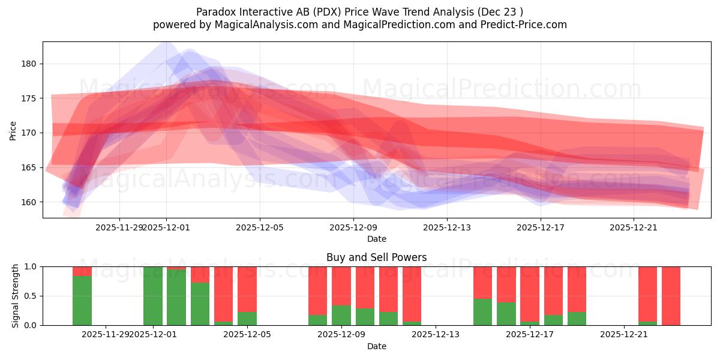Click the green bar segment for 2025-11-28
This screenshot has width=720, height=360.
[x=82, y=300]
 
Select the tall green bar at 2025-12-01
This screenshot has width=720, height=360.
[x=153, y=296]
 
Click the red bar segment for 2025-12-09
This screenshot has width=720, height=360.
[x=341, y=286]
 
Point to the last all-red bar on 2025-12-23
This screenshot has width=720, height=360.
[x=671, y=296]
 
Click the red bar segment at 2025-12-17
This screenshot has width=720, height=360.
[x=530, y=294]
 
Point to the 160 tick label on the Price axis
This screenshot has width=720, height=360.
[x=29, y=202]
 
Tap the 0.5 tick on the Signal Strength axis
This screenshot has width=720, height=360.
[x=29, y=296]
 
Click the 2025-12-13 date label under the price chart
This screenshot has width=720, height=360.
[x=447, y=227]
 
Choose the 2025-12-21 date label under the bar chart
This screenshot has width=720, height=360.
[x=624, y=334]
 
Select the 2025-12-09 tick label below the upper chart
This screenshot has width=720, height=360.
[x=353, y=227]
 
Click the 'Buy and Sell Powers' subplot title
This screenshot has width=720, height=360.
[x=376, y=257]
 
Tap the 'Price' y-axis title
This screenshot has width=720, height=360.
[x=13, y=130]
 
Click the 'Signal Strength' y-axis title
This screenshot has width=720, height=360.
[x=16, y=296]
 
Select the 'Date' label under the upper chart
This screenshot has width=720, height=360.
[x=376, y=239]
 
